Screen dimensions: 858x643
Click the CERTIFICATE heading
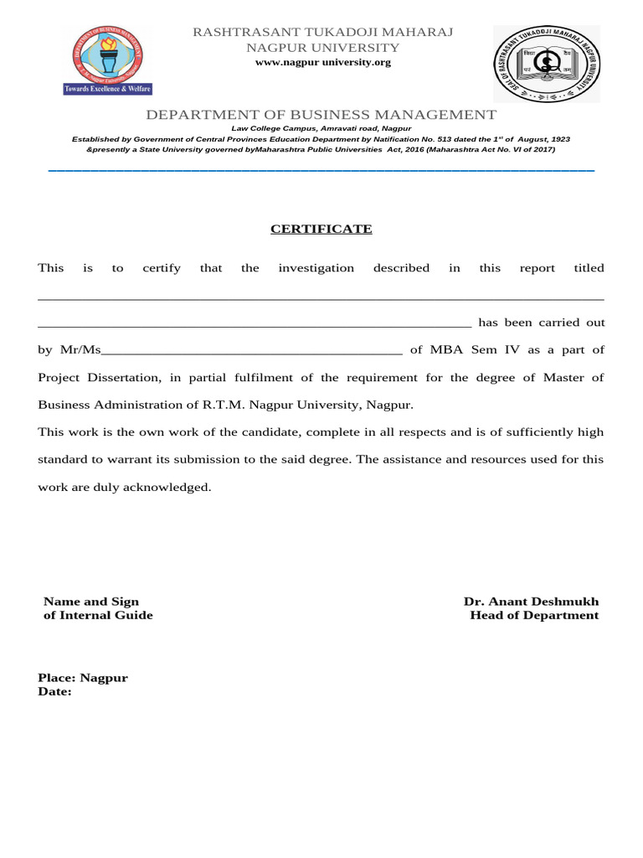(321, 229)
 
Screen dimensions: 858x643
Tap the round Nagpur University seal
(545, 64)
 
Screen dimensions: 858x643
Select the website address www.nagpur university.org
(322, 62)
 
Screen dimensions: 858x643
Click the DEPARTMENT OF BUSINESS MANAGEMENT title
(321, 115)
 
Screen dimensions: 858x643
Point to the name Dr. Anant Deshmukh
(531, 602)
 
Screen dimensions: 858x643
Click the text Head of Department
(534, 615)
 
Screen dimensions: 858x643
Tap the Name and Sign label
(91, 602)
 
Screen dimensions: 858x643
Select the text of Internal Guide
(98, 615)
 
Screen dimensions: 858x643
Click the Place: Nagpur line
(83, 678)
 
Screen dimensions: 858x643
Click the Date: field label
(55, 691)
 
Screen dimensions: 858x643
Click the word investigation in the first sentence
(316, 268)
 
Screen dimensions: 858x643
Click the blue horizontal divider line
(321, 170)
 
